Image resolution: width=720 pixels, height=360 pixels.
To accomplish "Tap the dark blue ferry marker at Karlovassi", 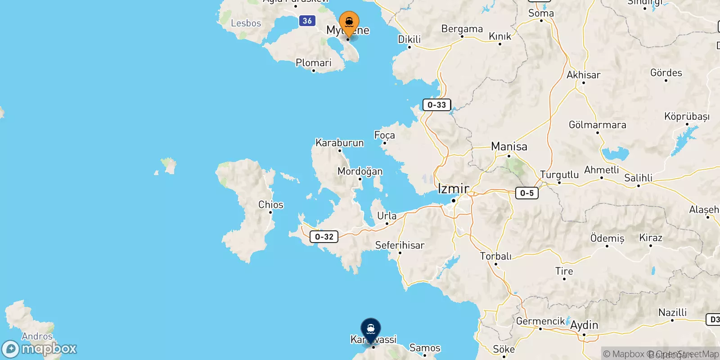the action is [x=370, y=330].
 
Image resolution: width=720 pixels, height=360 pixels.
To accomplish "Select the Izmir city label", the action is [x=453, y=189].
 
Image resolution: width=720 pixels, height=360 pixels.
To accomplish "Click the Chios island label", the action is [x=270, y=205].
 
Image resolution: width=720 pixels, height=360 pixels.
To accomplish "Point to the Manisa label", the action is [x=509, y=147].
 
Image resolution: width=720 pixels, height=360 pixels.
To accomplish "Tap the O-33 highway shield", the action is [x=436, y=105].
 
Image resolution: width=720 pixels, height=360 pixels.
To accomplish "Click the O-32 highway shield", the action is [x=324, y=237].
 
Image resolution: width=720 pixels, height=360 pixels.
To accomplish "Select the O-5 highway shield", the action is [x=526, y=193].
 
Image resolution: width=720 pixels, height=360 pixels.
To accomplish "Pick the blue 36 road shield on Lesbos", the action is [x=307, y=21].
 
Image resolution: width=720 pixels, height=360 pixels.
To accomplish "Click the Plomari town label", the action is [x=313, y=63].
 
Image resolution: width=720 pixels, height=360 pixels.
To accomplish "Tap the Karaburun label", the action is [x=339, y=143].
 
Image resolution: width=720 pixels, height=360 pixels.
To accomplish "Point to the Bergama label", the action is [x=462, y=29].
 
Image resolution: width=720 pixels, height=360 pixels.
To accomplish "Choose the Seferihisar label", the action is [x=400, y=245].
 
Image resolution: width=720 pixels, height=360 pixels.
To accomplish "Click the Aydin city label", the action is [x=584, y=325].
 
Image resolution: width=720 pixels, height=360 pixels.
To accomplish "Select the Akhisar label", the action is [x=583, y=75].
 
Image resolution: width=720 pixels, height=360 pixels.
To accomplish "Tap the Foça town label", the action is [x=384, y=135].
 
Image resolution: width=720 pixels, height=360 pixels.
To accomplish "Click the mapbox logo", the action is [x=39, y=349].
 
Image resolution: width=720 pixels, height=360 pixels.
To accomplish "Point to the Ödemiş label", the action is [x=607, y=238].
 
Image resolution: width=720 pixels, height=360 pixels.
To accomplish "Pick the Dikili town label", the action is [x=409, y=40].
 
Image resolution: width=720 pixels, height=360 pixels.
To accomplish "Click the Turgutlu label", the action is [x=559, y=175].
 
